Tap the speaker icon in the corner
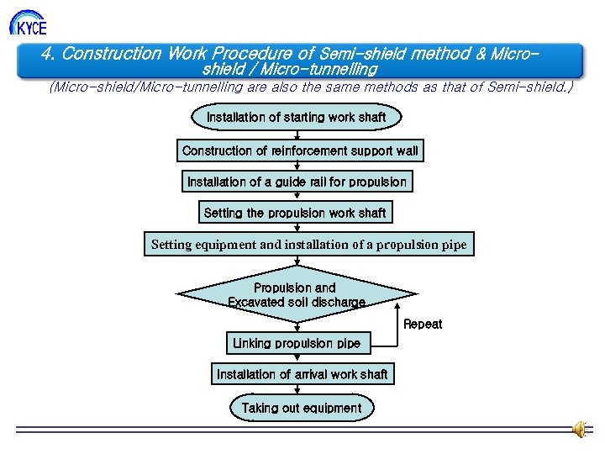[580, 430]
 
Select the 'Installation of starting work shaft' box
[296, 117]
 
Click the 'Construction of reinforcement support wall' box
[300, 150]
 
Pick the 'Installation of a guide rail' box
[297, 182]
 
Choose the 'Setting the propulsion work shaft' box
[295, 213]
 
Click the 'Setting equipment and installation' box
[309, 245]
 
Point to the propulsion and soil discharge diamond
[297, 294]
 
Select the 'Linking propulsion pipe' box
[297, 343]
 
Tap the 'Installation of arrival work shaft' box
[302, 374]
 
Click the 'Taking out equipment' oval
[302, 408]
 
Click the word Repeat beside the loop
[422, 324]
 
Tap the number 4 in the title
[47, 54]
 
